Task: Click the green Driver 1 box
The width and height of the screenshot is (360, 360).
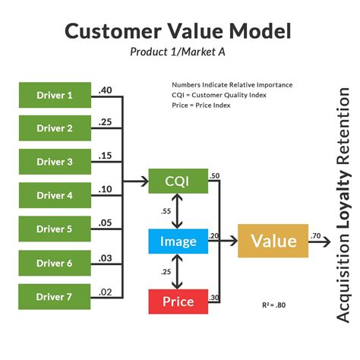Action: pos(55,95)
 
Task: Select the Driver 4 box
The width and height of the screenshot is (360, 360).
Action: pos(55,195)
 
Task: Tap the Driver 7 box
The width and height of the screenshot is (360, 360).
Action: pos(55,295)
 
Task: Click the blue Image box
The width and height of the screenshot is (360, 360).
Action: pos(178,242)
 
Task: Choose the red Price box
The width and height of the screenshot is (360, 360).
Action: pos(178,302)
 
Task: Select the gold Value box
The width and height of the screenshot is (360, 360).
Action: pos(273,242)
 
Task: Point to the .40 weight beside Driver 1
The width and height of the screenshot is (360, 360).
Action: pos(106,90)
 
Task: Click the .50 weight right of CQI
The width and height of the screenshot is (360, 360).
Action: pos(215,176)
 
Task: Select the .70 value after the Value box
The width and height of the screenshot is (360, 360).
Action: pos(317,236)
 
